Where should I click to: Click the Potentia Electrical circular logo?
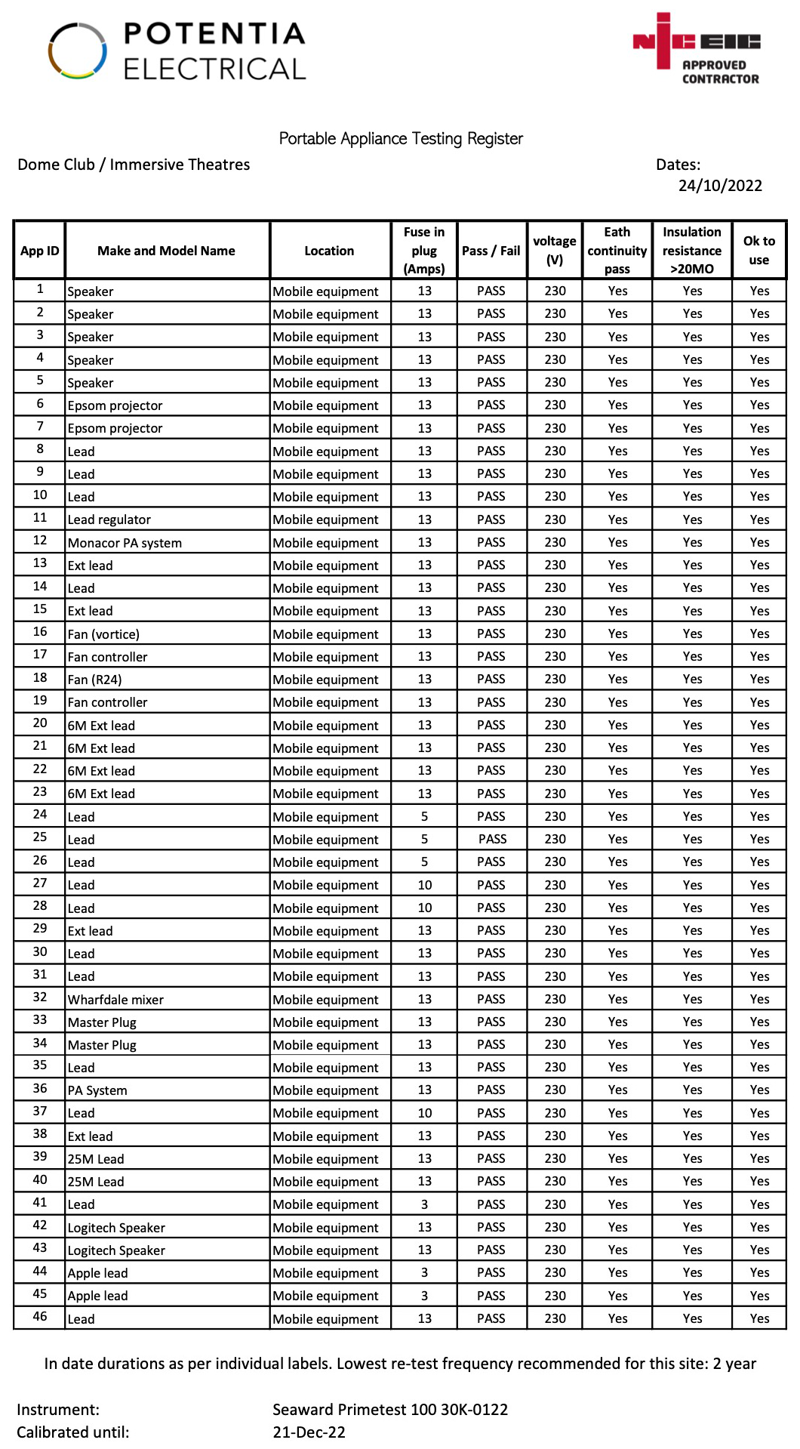(x=78, y=51)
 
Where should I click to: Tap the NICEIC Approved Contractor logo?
(x=696, y=49)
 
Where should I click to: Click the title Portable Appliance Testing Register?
(x=401, y=139)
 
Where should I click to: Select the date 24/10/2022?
(x=720, y=186)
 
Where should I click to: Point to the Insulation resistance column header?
(x=691, y=251)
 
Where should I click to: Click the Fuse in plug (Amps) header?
(x=424, y=251)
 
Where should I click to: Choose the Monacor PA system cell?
(x=125, y=543)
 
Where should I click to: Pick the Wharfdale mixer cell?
(x=115, y=1000)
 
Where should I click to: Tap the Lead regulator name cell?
(x=109, y=519)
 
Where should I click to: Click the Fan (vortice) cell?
(x=103, y=634)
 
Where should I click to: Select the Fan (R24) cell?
(x=94, y=680)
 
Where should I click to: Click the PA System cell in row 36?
(x=97, y=1090)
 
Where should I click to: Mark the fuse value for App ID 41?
(x=424, y=1204)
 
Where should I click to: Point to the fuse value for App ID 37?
(x=425, y=1113)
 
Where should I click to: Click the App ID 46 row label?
(x=40, y=1316)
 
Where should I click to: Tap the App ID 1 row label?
(x=40, y=289)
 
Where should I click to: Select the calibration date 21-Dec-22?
(x=309, y=1432)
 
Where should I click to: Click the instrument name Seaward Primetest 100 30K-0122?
(x=390, y=1410)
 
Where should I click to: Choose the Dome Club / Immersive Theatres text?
(x=134, y=165)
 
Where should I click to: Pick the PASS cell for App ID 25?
(x=492, y=839)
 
